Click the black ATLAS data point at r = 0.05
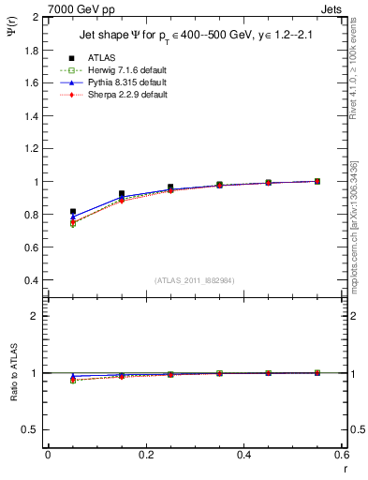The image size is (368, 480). (x=73, y=212)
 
